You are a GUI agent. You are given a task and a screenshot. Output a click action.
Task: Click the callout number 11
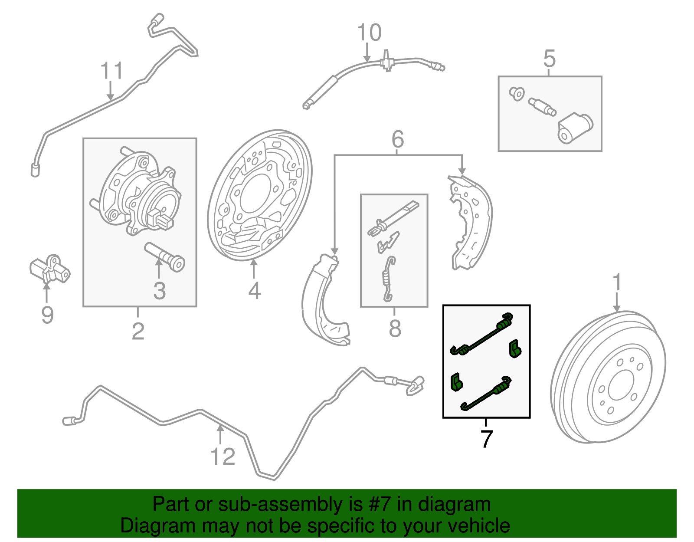point(111,71)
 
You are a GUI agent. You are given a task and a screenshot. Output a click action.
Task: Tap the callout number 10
point(369,33)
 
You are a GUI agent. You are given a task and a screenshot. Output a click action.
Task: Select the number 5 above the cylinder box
point(549,59)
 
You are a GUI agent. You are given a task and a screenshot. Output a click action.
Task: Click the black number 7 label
point(486,439)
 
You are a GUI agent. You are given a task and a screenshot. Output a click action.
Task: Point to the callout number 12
point(223,457)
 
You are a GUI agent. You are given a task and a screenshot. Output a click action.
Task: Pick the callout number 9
point(47,315)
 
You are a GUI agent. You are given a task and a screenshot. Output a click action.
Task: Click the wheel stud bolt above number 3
point(165,257)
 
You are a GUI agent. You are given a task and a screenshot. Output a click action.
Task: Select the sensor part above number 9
point(49,269)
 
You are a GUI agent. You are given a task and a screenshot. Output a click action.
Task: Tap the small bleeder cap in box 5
point(517,93)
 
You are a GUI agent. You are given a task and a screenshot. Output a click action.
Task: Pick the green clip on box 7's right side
point(514,348)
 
